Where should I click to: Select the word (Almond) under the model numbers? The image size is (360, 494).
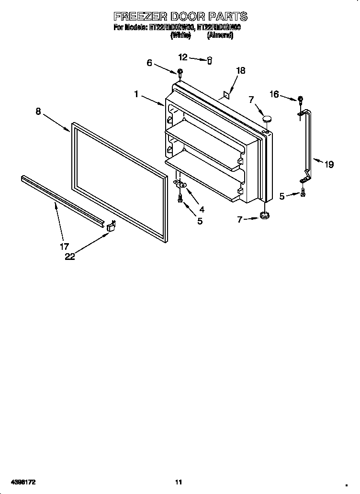click(220, 36)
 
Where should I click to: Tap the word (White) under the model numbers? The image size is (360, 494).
click(181, 36)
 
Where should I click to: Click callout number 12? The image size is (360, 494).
click(183, 57)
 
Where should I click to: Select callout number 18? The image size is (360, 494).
click(240, 70)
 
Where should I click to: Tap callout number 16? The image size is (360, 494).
click(274, 94)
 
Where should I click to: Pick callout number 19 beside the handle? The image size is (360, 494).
click(328, 165)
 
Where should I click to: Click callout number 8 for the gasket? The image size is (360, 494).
click(38, 111)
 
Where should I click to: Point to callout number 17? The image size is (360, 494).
click(65, 247)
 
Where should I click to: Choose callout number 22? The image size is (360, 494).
click(70, 257)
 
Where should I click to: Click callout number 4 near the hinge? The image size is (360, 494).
click(202, 209)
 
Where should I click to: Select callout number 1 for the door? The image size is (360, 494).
click(136, 94)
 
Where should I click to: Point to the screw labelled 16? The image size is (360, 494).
click(300, 100)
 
